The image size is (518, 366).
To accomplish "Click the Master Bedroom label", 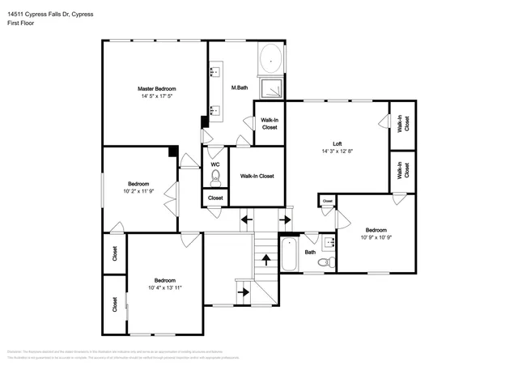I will [156, 88].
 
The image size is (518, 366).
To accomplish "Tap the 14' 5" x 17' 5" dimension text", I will [156, 96].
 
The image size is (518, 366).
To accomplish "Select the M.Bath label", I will [239, 87].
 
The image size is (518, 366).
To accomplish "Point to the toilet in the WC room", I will [215, 174].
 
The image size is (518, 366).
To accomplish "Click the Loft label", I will [338, 143].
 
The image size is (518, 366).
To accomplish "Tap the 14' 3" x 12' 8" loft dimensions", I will [338, 151].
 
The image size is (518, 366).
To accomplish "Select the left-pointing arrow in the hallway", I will [247, 219].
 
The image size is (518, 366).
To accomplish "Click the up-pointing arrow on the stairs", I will [265, 259].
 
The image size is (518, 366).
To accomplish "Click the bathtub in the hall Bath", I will [290, 254].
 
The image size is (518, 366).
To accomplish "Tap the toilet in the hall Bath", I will [324, 262].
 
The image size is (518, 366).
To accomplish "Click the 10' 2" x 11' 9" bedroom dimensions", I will [138, 192].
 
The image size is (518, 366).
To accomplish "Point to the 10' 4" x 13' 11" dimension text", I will [164, 287].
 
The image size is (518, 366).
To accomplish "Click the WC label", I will [215, 164].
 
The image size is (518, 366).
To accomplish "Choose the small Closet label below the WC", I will [215, 198].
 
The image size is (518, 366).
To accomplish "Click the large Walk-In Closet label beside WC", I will [257, 176].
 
